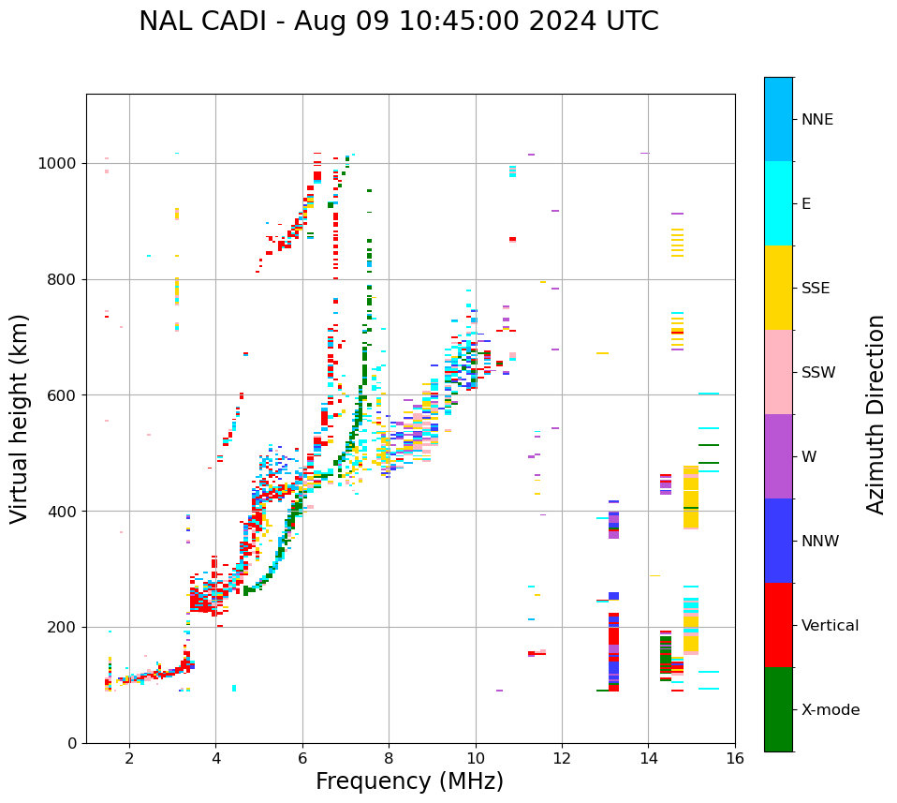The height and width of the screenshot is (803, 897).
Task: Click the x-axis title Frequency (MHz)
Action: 409,781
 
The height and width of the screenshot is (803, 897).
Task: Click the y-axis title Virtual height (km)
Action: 20,418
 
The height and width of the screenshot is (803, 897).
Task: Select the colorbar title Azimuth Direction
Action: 875,413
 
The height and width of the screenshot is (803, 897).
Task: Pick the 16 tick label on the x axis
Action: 735,758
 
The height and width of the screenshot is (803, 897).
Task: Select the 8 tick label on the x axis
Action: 389,758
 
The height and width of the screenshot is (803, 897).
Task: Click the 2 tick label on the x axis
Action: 129,758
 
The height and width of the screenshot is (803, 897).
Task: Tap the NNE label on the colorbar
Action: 817,120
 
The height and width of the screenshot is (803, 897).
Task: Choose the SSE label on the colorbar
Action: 816,289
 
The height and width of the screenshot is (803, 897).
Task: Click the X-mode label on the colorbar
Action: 831,710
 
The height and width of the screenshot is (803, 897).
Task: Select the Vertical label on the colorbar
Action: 830,626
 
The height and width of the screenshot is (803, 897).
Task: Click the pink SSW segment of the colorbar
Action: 778,372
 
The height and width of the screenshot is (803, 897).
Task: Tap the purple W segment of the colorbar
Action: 778,456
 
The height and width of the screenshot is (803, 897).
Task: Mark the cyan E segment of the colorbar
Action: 778,203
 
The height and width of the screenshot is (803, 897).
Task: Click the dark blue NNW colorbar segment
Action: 778,541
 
